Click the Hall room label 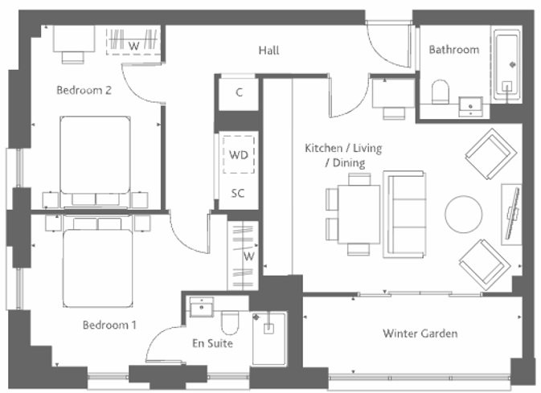click(268, 51)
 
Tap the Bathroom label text click(453, 50)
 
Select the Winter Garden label click(420, 334)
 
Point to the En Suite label click(212, 343)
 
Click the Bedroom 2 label click(84, 90)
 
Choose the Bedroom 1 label click(109, 325)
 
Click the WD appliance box click(239, 154)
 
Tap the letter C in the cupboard click(239, 92)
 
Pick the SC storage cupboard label click(238, 193)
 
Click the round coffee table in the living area click(463, 215)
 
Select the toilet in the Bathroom click(441, 92)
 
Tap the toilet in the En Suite click(230, 322)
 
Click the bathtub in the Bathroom click(507, 66)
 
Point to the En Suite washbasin click(202, 306)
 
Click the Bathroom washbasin click(470, 106)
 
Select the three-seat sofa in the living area click(404, 215)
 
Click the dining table click(359, 215)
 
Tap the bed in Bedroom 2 click(95, 162)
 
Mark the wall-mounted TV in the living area click(512, 214)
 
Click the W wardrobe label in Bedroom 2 click(134, 46)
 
